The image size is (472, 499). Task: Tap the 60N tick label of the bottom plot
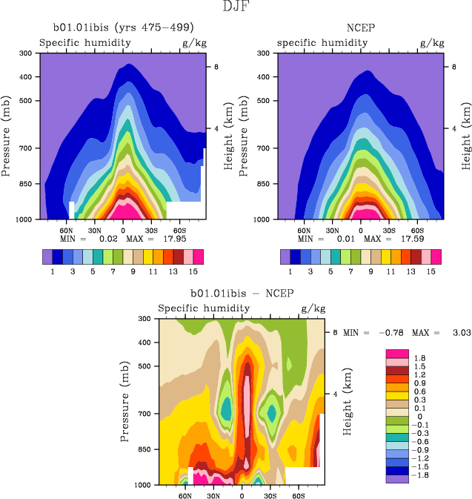185,495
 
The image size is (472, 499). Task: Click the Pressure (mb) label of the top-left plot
7,136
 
